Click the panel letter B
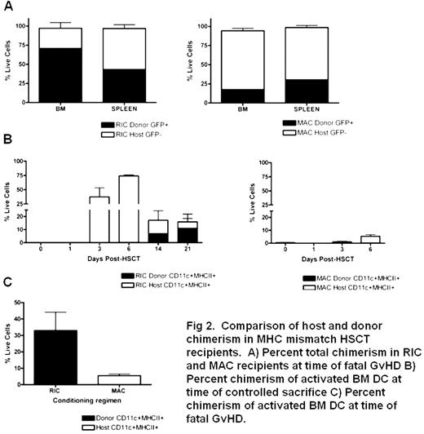(x=8, y=155)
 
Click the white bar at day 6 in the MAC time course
(x=364, y=239)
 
